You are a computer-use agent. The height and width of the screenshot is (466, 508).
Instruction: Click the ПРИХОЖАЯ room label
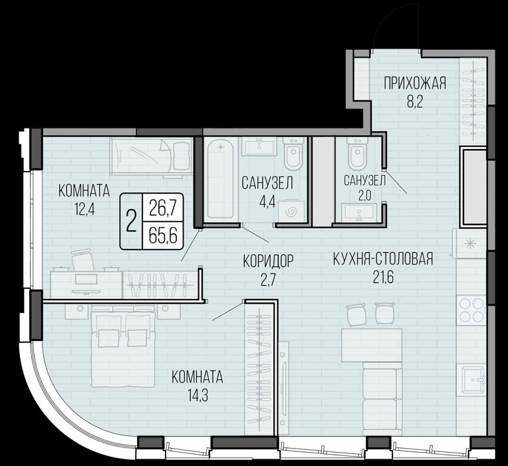[415, 83]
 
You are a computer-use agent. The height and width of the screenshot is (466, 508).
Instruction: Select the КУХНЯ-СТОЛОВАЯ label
[383, 259]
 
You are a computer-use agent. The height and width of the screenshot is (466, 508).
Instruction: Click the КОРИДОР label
[268, 261]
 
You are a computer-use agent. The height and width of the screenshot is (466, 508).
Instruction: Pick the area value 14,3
[197, 395]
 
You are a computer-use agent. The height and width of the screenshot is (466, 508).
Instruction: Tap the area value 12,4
[84, 210]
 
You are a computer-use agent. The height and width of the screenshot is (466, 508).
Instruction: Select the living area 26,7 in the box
[163, 208]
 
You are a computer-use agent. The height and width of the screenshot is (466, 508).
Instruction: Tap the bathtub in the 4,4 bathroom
[220, 179]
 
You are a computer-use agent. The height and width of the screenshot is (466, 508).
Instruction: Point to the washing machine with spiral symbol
[291, 212]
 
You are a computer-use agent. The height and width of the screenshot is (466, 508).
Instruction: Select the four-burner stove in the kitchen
[471, 310]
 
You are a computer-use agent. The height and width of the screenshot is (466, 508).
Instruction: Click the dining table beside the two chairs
[372, 345]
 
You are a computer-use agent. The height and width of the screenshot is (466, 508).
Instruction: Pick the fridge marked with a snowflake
[469, 244]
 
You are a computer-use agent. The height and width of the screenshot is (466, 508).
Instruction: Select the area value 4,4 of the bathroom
[267, 202]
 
